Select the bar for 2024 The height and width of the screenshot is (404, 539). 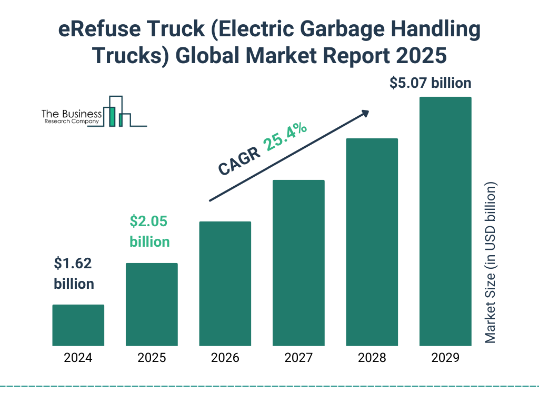tap(78, 325)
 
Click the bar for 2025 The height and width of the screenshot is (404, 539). tap(152, 304)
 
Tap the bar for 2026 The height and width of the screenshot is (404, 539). tap(225, 284)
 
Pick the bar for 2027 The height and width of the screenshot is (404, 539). tap(298, 263)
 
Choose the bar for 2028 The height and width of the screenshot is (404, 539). tap(372, 242)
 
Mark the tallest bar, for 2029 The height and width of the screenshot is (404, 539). tap(445, 221)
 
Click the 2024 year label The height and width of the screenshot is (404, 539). tap(78, 358)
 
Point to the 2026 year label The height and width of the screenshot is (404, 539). tap(225, 358)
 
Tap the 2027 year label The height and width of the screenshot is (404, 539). tap(298, 358)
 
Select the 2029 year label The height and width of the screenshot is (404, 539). tap(445, 358)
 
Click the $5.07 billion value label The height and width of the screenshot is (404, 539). tap(430, 83)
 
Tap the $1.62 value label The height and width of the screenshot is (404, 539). tap(73, 264)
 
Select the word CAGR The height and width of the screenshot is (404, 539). tap(239, 161)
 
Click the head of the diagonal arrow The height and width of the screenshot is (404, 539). tap(365, 113)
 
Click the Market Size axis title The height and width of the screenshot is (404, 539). tap(491, 263)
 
